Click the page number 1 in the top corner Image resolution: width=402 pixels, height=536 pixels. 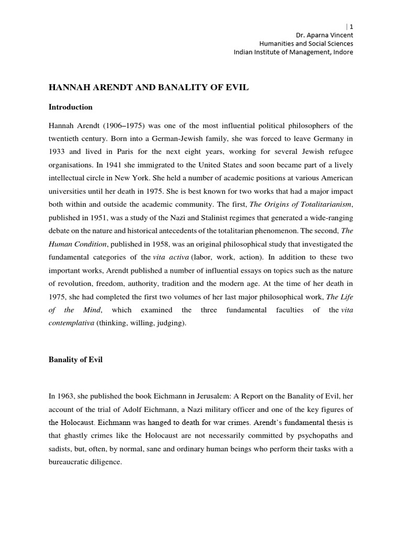[351, 26]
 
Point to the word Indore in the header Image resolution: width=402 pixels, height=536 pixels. [342, 52]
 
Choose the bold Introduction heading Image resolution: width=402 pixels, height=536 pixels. [71, 107]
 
